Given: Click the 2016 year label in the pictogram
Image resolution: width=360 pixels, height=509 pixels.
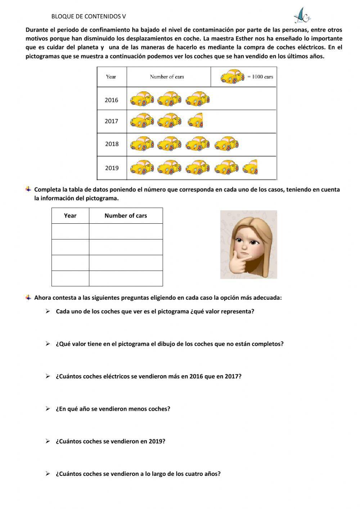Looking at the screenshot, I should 111,100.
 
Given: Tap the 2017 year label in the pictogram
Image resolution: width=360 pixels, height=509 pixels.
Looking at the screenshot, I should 111,121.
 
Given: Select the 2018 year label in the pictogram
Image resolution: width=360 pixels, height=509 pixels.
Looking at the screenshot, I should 112,144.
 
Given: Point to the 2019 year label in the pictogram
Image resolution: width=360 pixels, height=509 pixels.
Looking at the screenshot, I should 112,168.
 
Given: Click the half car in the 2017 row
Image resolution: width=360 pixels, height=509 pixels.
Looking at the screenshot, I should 196,120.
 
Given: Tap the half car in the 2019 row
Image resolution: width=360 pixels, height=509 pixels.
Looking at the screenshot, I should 250,167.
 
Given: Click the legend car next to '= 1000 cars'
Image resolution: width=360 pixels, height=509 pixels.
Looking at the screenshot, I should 232,77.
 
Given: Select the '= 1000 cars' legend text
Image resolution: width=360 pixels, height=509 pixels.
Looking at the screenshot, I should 260,77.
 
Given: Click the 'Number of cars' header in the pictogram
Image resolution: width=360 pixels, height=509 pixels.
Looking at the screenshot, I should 167,77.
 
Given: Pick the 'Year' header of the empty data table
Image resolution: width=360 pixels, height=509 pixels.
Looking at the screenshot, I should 70,215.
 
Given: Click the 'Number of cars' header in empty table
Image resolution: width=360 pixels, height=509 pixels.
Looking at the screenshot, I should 126,215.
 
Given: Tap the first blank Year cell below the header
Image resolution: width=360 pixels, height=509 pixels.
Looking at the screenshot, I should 70,231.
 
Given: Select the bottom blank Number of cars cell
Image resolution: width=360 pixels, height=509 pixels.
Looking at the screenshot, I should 126,278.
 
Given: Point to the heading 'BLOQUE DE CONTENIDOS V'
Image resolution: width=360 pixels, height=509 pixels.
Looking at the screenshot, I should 89,17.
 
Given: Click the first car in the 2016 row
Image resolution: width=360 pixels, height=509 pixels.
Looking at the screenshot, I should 141,99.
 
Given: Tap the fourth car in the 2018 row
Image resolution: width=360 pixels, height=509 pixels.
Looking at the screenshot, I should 226,143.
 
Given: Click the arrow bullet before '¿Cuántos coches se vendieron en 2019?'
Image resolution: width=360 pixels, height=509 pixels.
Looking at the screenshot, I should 48,441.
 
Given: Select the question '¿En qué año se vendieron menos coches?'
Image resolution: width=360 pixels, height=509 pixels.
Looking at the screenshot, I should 113,409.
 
